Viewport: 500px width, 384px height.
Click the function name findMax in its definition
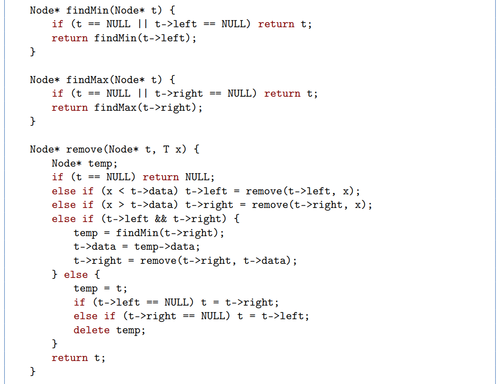[88, 80]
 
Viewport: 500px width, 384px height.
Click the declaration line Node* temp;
[84, 163]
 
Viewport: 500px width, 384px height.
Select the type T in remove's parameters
[166, 149]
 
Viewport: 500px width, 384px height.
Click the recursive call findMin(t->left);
[145, 38]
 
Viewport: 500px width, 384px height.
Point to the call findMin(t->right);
[170, 233]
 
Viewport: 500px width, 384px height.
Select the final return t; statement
[78, 358]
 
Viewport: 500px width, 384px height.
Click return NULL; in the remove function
[178, 177]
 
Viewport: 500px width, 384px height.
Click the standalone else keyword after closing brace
[75, 274]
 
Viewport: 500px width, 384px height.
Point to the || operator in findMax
[142, 93]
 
